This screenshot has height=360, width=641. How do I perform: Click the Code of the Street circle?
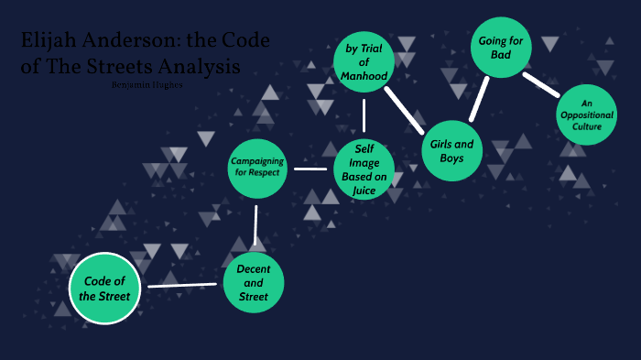click(106, 288)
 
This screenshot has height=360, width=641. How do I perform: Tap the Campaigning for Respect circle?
click(257, 167)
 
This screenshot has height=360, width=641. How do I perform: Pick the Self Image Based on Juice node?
click(364, 169)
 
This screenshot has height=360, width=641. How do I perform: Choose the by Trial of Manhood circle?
click(364, 62)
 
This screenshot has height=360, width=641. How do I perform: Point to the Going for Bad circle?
click(502, 47)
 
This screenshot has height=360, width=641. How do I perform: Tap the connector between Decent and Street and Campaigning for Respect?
click(255, 225)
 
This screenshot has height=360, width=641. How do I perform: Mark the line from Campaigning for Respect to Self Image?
click(310, 169)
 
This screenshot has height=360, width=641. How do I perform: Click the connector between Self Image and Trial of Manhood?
click(364, 115)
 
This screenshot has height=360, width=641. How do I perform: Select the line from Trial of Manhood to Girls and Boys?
click(405, 108)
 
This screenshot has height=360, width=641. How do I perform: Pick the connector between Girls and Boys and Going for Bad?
click(479, 99)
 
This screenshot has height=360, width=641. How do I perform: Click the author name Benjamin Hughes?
click(147, 84)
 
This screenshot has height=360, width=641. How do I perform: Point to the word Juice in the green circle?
click(364, 190)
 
